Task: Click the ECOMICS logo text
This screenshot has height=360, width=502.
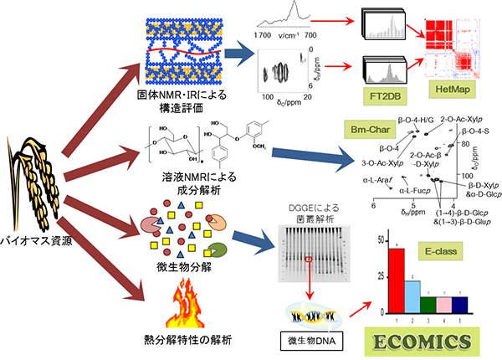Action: pos(428,342)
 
